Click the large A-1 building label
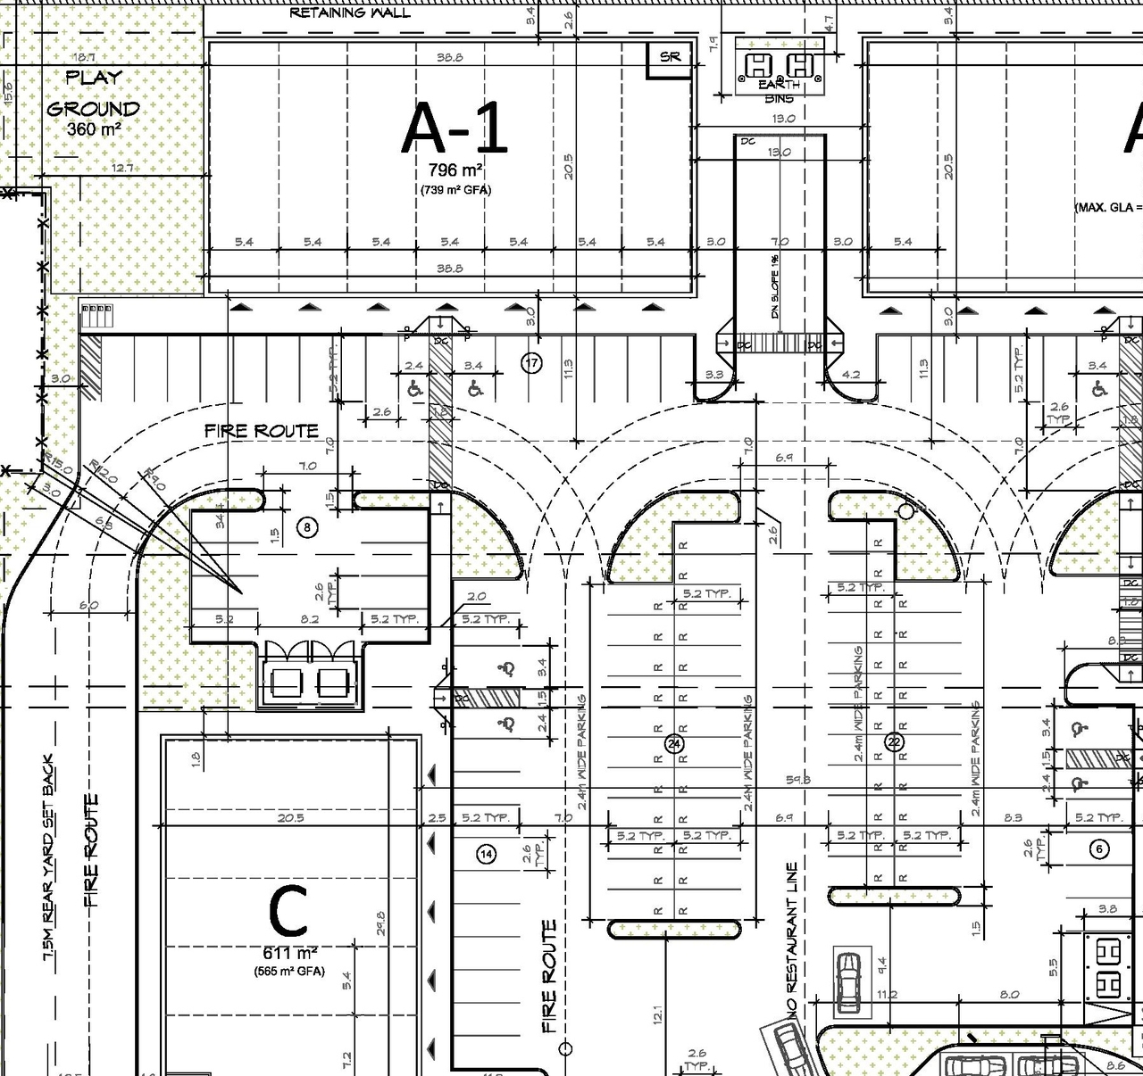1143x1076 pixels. pyautogui.click(x=455, y=129)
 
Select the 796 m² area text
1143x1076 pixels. pyautogui.click(x=455, y=170)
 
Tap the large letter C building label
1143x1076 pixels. pyautogui.click(x=288, y=912)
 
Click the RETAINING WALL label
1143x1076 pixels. pyautogui.click(x=350, y=12)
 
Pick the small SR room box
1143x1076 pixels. pyautogui.click(x=670, y=58)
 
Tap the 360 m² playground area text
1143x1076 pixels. pyautogui.click(x=94, y=129)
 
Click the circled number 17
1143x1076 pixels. pyautogui.click(x=531, y=363)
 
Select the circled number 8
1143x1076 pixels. pyautogui.click(x=307, y=528)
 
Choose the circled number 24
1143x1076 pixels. pyautogui.click(x=674, y=743)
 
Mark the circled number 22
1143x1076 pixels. pyautogui.click(x=894, y=742)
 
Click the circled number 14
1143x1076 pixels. pyautogui.click(x=487, y=854)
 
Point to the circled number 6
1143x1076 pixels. pyautogui.click(x=1099, y=849)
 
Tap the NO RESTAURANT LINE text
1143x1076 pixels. pyautogui.click(x=792, y=936)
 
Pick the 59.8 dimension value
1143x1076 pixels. pyautogui.click(x=797, y=780)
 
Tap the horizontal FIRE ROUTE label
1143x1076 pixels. pyautogui.click(x=261, y=431)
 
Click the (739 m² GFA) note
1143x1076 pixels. pyautogui.click(x=455, y=190)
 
